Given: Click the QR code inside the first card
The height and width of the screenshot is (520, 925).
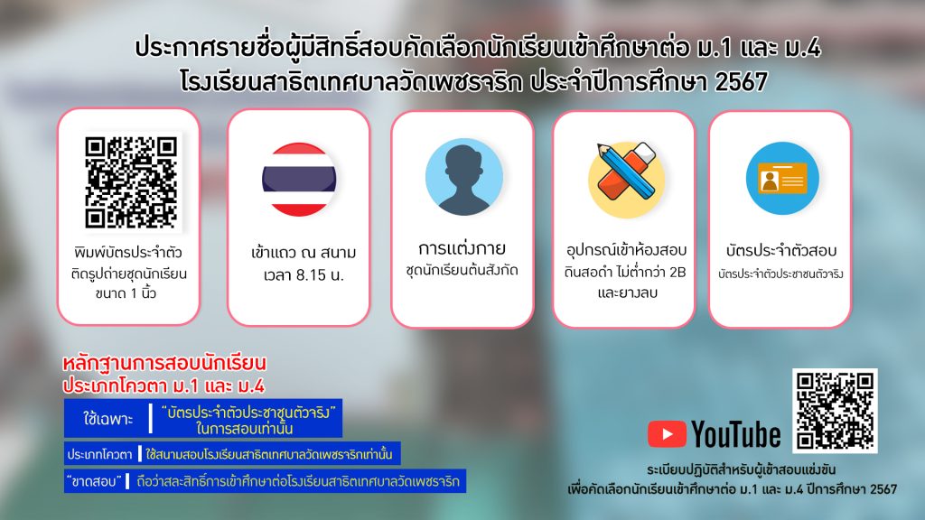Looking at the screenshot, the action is (x=130, y=182).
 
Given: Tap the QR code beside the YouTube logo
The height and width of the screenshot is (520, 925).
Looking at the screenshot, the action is (x=835, y=411).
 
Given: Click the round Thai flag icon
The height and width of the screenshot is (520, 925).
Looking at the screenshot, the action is (x=299, y=180).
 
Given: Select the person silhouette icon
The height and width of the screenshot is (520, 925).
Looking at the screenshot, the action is (x=463, y=177).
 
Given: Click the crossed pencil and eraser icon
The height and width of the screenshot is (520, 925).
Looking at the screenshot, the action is (x=627, y=179).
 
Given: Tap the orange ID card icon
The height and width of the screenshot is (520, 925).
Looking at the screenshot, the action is (x=782, y=178).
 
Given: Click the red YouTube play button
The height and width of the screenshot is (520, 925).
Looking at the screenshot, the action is (x=667, y=434).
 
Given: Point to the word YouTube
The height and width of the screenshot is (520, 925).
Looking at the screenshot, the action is (x=736, y=434).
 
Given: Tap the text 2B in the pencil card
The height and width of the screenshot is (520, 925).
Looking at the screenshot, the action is (x=677, y=273).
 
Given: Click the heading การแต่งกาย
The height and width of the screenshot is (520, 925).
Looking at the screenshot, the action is (x=462, y=248).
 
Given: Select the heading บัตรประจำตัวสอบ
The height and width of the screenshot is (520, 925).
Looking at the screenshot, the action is (x=781, y=250).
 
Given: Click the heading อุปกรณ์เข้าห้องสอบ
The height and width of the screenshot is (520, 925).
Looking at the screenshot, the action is (x=627, y=249).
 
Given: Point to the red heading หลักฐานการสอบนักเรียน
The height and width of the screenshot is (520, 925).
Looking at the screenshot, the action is (x=164, y=362).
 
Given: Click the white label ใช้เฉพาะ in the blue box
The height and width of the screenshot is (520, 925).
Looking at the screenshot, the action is (x=108, y=419).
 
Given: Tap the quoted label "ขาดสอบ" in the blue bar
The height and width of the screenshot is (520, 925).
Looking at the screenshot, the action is (x=94, y=482).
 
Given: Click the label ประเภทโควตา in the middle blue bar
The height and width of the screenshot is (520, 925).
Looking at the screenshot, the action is (x=99, y=455).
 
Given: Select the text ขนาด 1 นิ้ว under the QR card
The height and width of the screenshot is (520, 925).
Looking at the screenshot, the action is (x=126, y=293).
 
